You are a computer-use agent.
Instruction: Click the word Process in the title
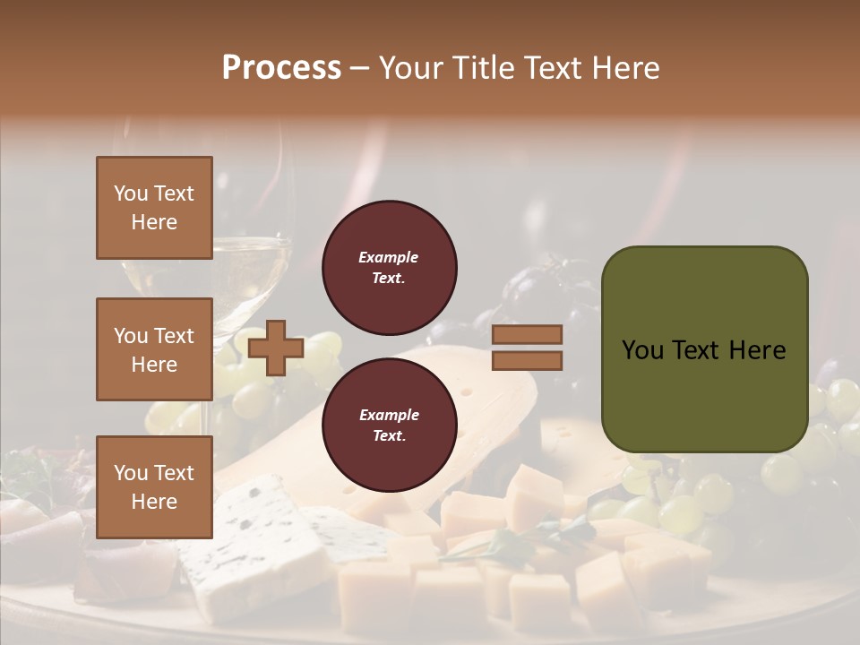[x=281, y=68]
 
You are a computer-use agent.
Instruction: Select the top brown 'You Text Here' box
[x=154, y=208]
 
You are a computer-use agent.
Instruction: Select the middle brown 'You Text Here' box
[x=154, y=349]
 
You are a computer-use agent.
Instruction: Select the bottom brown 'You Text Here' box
[x=154, y=487]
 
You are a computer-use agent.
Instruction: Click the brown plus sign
[x=276, y=348]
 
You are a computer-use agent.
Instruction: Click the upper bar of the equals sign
[x=527, y=334]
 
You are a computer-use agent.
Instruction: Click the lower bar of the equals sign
[x=527, y=361]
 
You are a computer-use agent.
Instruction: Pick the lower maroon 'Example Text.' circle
[x=389, y=426]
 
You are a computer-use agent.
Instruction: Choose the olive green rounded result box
[x=704, y=349]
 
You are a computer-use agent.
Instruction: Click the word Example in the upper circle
[x=389, y=257]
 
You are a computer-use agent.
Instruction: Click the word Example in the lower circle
[x=389, y=415]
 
